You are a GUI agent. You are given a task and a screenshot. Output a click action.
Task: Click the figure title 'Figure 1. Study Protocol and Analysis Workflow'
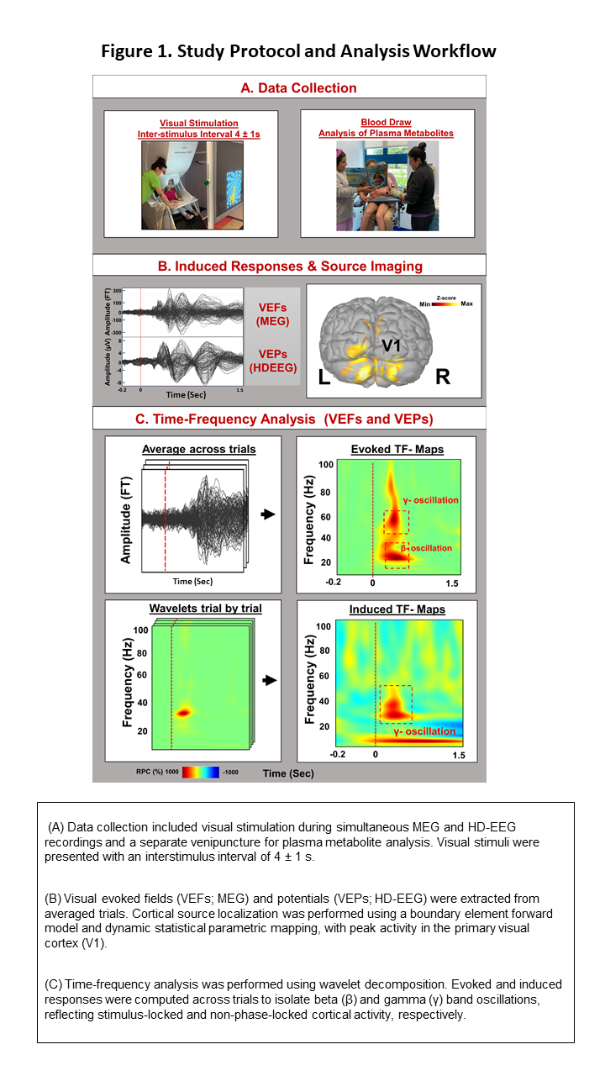pyautogui.click(x=298, y=51)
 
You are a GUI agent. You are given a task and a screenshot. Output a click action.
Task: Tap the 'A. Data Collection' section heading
pyautogui.click(x=289, y=88)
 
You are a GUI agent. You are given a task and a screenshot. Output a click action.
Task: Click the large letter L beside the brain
pyautogui.click(x=324, y=377)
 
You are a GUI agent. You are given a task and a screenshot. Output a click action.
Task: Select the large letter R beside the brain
pyautogui.click(x=442, y=377)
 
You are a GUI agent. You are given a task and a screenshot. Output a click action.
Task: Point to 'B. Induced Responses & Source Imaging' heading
pyautogui.click(x=289, y=266)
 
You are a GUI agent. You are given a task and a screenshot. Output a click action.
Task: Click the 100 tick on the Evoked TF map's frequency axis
pyautogui.click(x=325, y=464)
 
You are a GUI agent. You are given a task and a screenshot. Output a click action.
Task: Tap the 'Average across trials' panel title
pyautogui.click(x=199, y=449)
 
